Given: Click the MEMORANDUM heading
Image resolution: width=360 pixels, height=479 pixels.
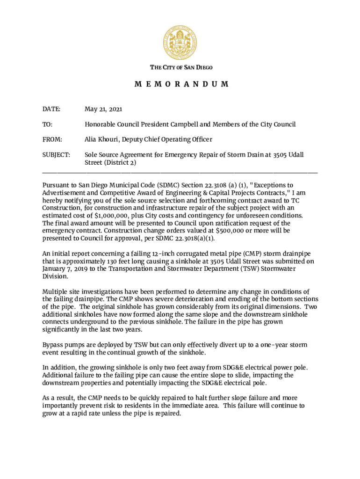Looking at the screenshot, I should [x=181, y=84].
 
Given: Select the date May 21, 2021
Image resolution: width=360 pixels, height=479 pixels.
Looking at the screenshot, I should [x=103, y=109].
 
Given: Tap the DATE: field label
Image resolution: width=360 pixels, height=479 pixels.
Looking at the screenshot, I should [x=51, y=109].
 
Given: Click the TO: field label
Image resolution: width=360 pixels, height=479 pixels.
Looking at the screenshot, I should [x=47, y=124].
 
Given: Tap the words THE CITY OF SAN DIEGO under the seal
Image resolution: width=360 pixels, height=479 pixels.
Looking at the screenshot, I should [x=181, y=67].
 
